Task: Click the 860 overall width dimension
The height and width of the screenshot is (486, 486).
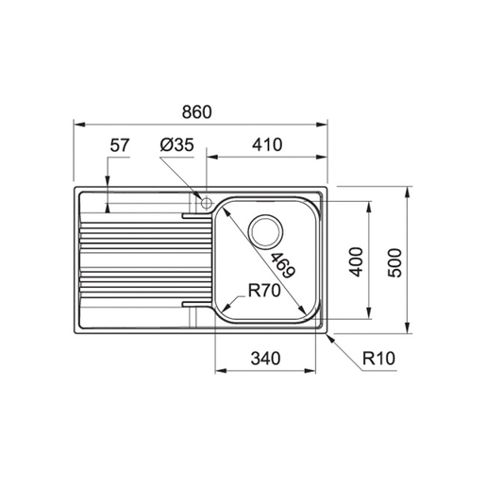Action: coord(198,111)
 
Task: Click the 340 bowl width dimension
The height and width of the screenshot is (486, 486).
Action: coord(268,358)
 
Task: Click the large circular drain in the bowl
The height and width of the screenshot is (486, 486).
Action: coord(265,230)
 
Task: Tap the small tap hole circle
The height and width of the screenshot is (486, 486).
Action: coord(201,201)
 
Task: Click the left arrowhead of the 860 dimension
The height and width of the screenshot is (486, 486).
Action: coord(77,124)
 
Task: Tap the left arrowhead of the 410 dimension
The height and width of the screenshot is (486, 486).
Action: coord(211,157)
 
